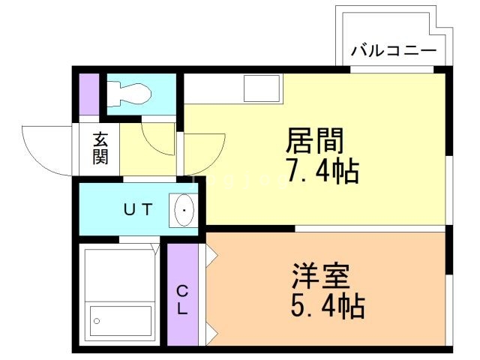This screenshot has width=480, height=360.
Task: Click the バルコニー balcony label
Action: click(394, 53)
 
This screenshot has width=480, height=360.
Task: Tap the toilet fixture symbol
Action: click(130, 94)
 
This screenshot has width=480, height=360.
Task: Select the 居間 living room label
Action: click(315, 140)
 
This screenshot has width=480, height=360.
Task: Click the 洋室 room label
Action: click(321, 277)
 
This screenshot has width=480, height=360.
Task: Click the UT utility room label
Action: click(138, 210)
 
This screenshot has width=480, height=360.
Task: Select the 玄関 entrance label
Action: click(100, 148)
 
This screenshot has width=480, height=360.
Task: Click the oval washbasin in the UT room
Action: click(184, 211)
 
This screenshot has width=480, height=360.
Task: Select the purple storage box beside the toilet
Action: click(89, 94)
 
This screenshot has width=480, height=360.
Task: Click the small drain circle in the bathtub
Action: click(97, 321)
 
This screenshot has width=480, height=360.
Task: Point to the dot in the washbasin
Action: click(184, 211)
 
